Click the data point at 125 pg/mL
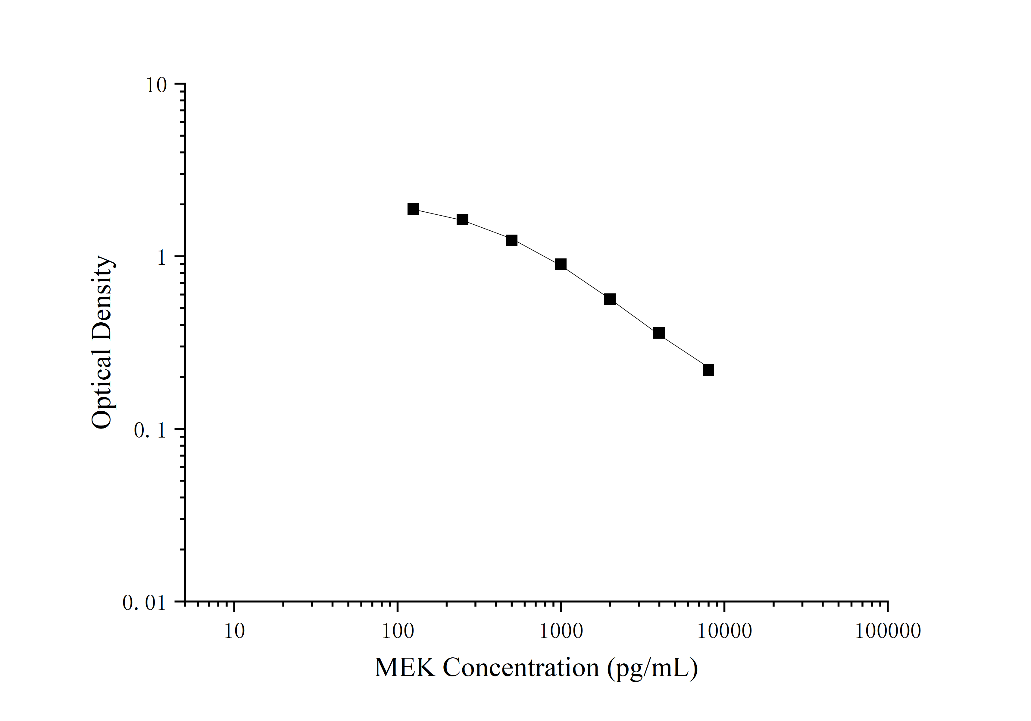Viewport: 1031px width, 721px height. click(413, 209)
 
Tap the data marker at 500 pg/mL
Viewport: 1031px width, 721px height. click(511, 240)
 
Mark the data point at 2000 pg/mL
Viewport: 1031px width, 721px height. click(610, 299)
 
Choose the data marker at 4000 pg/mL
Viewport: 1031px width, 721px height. click(659, 333)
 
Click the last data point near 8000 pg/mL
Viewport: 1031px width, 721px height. click(708, 370)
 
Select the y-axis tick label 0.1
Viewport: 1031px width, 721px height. click(150, 431)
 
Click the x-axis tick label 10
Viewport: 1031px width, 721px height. click(234, 631)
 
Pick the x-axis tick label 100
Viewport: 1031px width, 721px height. click(397, 631)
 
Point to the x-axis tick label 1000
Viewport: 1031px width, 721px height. click(561, 631)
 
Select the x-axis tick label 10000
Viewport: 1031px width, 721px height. click(724, 631)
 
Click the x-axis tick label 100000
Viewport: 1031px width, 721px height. click(887, 631)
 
